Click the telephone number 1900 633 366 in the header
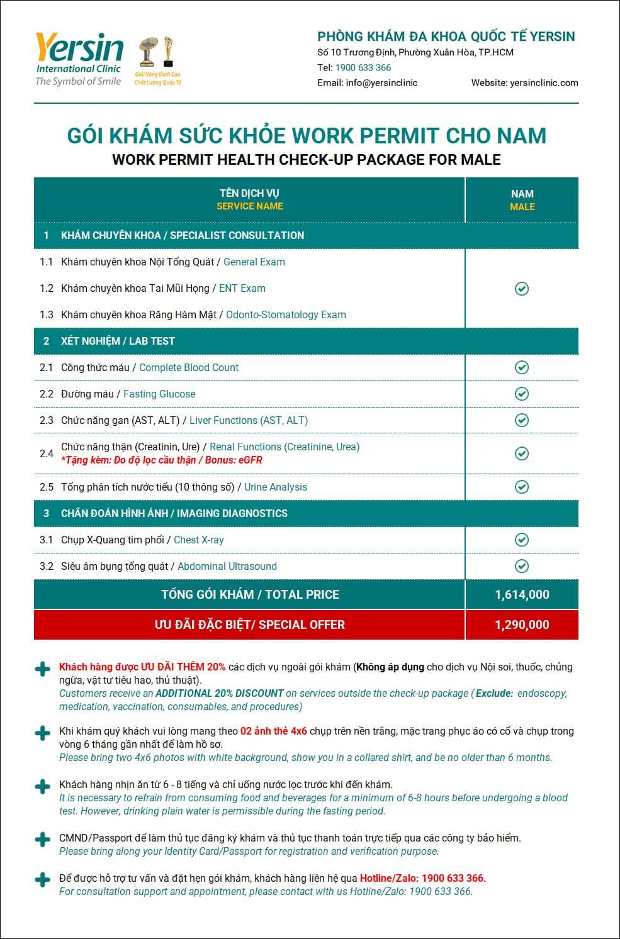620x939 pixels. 363,67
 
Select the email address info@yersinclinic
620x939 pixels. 381,82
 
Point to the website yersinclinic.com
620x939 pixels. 544,82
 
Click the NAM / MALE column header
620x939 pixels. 522,200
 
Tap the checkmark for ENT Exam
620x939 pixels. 522,289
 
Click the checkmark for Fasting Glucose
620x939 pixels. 522,394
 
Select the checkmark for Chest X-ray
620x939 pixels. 522,540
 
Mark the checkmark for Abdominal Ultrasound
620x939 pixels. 522,566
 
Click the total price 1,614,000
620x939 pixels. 522,594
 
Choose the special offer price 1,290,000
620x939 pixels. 522,625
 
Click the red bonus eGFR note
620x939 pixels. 162,460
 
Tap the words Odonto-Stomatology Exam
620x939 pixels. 286,315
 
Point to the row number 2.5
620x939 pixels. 47,487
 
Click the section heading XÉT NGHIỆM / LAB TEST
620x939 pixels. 118,341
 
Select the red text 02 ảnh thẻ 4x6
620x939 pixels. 274,731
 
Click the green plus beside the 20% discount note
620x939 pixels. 42,669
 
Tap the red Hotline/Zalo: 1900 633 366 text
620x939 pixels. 423,878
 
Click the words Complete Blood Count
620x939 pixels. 189,368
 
